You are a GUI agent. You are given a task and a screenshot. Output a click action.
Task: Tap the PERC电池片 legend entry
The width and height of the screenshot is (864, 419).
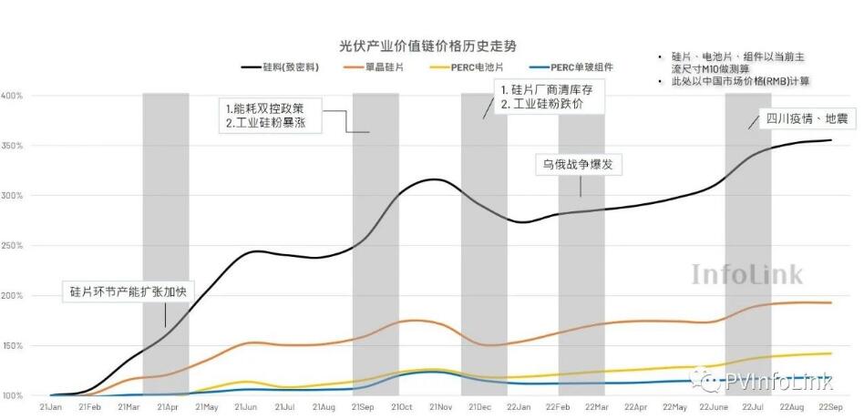tap(489, 68)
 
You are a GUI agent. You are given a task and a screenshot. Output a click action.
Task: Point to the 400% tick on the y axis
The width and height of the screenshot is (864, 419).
tap(12, 96)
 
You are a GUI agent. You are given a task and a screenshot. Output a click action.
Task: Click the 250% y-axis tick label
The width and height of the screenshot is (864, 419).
tap(12, 246)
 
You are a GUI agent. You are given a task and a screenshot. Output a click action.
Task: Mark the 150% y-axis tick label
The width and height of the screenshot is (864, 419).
tap(12, 346)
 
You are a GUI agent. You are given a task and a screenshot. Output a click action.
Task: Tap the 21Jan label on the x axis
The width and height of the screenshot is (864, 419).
tap(50, 406)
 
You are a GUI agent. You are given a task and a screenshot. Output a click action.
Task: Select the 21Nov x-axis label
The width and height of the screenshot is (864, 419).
tap(441, 406)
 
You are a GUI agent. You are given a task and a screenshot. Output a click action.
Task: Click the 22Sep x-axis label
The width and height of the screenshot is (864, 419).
tap(830, 406)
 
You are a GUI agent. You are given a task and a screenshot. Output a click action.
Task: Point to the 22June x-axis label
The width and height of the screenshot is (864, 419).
tap(713, 406)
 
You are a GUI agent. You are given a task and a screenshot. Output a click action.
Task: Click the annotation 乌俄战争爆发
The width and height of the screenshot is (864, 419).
tap(571, 164)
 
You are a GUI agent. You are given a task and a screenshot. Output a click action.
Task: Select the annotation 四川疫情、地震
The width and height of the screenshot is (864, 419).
tap(802, 118)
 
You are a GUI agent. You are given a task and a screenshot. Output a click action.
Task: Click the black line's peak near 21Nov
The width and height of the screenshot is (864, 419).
tap(436, 179)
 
